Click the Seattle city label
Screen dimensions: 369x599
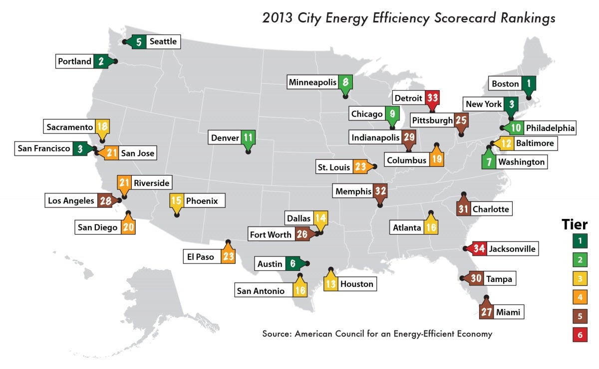(x=163, y=41)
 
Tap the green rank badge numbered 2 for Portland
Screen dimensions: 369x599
(x=101, y=61)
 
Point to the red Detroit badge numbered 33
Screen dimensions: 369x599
(x=431, y=98)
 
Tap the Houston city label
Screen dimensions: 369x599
(x=356, y=284)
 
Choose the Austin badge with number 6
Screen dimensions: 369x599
(x=293, y=264)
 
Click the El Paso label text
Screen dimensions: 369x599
(x=200, y=257)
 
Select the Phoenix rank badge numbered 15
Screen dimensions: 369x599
(x=177, y=201)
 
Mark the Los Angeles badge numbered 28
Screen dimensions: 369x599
(x=105, y=201)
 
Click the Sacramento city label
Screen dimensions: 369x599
(x=70, y=127)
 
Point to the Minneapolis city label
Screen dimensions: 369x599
(x=312, y=82)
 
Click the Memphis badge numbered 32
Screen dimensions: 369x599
(x=380, y=191)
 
